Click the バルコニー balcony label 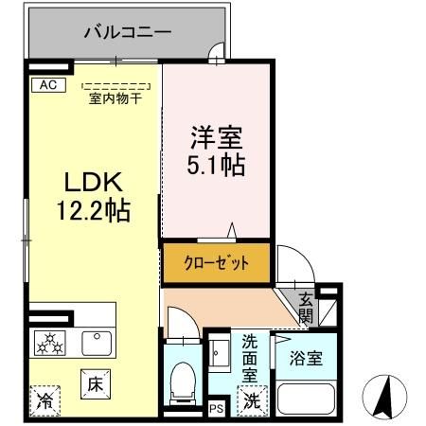[127, 32]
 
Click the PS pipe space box [216, 409]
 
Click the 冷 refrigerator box [44, 400]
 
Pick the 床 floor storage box [95, 384]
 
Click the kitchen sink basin [95, 342]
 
